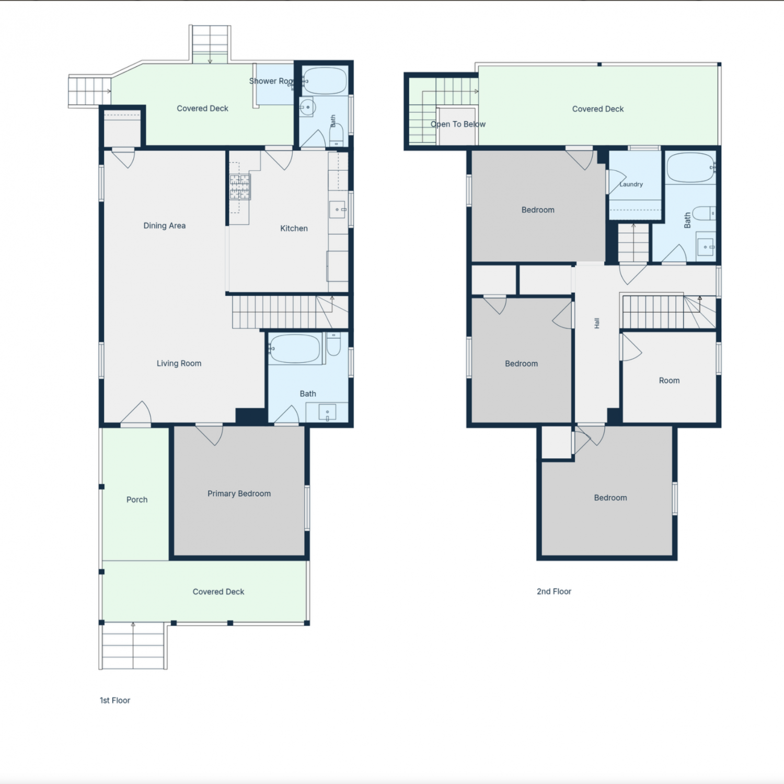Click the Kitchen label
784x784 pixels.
click(x=294, y=228)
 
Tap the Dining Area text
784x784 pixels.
click(x=165, y=226)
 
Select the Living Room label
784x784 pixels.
click(x=179, y=363)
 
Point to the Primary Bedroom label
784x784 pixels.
click(x=239, y=493)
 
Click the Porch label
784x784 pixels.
click(x=137, y=500)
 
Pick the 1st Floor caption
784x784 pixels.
click(x=115, y=700)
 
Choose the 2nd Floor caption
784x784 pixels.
click(x=554, y=592)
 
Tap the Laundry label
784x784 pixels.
click(x=631, y=185)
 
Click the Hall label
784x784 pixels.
click(x=597, y=324)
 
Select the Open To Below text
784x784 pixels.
click(x=458, y=124)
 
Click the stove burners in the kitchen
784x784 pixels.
click(x=240, y=187)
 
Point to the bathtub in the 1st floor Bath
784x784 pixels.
click(x=295, y=349)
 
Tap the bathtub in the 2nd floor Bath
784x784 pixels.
click(x=691, y=168)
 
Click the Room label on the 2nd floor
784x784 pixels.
click(x=669, y=381)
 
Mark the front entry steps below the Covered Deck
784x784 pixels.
click(x=133, y=646)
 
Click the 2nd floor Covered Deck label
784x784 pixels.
click(x=598, y=109)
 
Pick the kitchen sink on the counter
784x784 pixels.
click(x=338, y=210)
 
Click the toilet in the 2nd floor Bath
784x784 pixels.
click(x=706, y=213)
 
